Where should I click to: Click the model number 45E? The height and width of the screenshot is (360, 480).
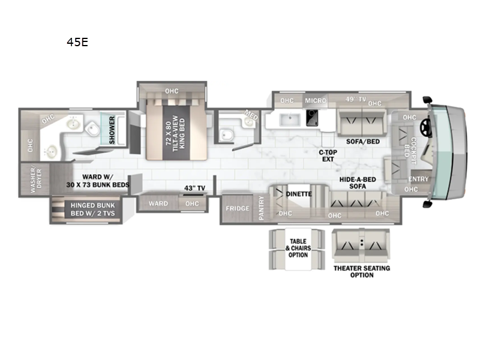pyautogui.click(x=79, y=43)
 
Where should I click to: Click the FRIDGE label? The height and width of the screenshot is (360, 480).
pyautogui.click(x=237, y=208)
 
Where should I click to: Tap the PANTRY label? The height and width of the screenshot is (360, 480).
pyautogui.click(x=261, y=208)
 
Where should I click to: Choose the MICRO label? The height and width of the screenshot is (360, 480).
pyautogui.click(x=315, y=101)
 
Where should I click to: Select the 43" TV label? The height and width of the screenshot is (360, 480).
pyautogui.click(x=194, y=188)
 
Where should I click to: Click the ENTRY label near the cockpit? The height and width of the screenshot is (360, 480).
pyautogui.click(x=418, y=179)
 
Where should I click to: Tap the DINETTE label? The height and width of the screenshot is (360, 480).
pyautogui.click(x=298, y=194)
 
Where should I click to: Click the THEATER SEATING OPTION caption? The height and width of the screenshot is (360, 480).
pyautogui.click(x=361, y=271)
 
